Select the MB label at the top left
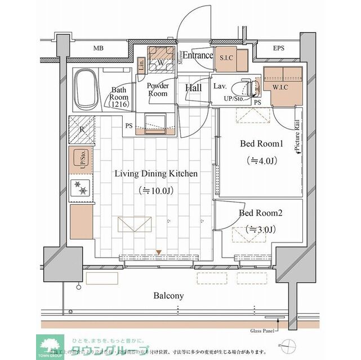point(99,48)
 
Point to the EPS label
point(279,48)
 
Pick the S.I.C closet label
point(228,57)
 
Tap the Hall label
point(194,88)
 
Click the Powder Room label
point(158,90)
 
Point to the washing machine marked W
point(161,63)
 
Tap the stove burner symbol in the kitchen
point(81,188)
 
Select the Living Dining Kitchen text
point(156,174)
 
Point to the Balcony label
point(168,295)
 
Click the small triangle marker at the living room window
point(159,252)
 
